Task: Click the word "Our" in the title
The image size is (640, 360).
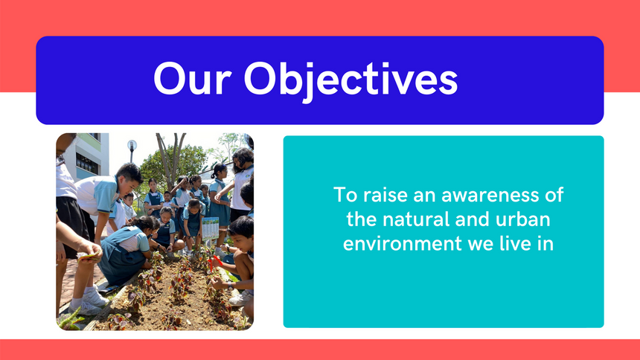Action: [x=193, y=78]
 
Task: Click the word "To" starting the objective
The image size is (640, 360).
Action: [x=345, y=195]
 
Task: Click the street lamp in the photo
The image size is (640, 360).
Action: [x=132, y=150]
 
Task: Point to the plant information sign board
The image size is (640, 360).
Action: [x=210, y=228]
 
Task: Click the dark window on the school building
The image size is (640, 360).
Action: [x=87, y=164]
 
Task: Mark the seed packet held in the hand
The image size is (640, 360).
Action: [x=88, y=257]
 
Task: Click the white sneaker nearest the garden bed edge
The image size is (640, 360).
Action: [x=96, y=298]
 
